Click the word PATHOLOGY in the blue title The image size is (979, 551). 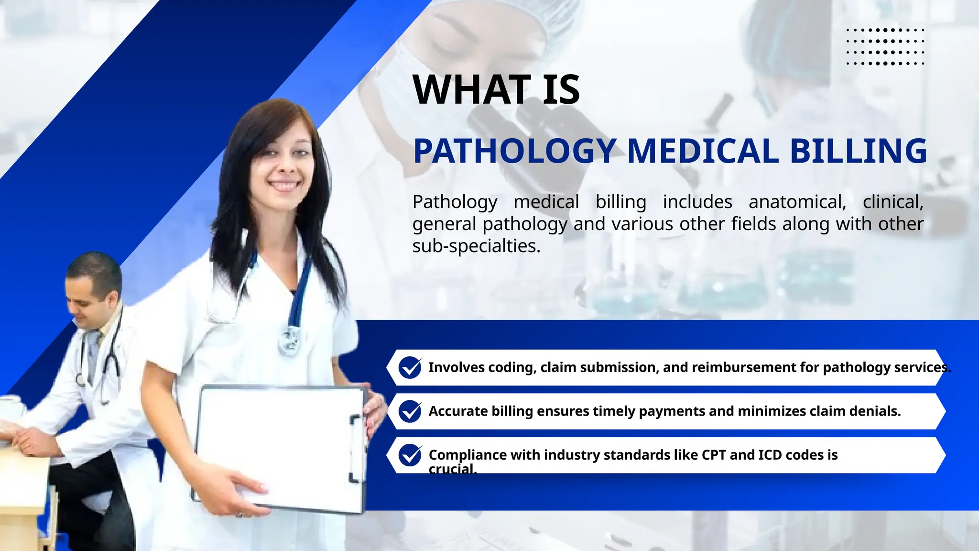tap(514, 151)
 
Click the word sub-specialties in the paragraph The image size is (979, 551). tap(476, 246)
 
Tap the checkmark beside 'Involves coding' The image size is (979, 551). tap(410, 367)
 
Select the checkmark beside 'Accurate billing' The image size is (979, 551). tap(410, 411)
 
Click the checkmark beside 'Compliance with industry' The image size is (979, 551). tap(410, 455)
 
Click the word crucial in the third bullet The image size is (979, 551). tap(452, 469)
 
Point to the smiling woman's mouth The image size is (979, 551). tap(284, 185)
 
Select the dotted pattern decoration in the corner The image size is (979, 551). tap(885, 46)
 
